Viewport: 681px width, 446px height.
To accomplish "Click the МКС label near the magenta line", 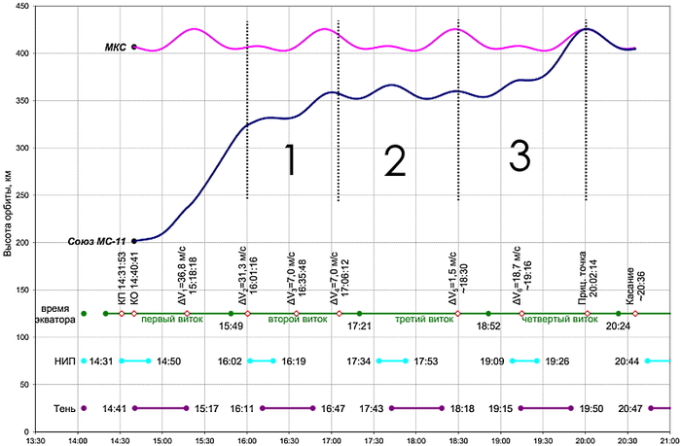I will (115, 47).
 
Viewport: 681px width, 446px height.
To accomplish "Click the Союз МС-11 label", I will (98, 241).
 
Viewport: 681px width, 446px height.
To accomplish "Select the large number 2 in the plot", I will (394, 161).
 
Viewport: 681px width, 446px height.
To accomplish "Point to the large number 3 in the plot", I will (520, 155).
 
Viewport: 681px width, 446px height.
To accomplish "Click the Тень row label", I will (64, 408).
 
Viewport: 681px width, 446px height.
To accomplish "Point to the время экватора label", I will (52, 313).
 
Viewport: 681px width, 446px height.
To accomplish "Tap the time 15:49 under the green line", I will (230, 327).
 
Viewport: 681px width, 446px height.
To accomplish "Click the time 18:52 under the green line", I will (488, 327).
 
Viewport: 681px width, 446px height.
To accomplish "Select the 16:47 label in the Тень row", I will (335, 409).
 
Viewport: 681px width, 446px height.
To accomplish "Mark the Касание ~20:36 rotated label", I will (634, 288).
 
